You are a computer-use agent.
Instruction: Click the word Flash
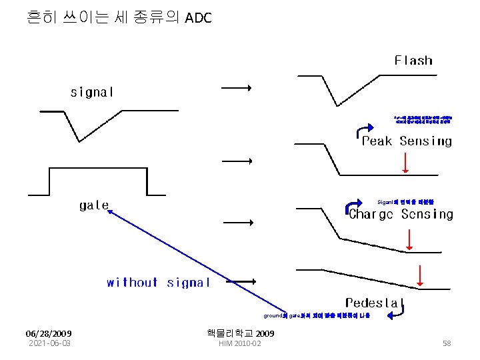(413, 61)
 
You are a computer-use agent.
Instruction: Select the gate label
(93, 205)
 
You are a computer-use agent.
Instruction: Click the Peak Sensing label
(407, 141)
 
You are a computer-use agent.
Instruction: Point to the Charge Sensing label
(401, 215)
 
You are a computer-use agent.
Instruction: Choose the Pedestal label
(371, 303)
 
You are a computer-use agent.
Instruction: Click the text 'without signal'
(158, 283)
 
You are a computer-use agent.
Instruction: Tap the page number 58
(447, 343)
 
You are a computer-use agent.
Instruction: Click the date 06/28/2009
(49, 333)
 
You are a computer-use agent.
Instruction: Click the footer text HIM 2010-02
(240, 343)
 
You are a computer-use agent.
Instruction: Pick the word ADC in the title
(198, 18)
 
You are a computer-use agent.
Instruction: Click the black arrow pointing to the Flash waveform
(236, 87)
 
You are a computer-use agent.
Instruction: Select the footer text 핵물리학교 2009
(241, 333)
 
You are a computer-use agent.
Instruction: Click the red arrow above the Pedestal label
(420, 275)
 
